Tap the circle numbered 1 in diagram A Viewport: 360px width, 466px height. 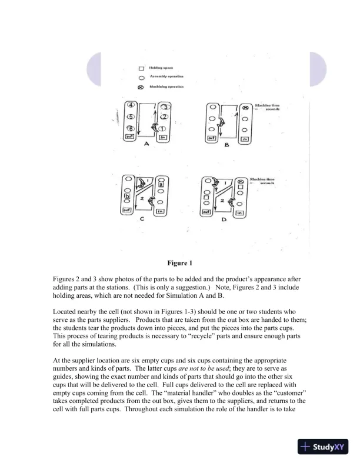click(165, 128)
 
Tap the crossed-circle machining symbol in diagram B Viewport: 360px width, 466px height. click(245, 108)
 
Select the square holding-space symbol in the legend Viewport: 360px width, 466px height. click(141, 68)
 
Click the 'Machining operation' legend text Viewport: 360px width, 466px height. click(166, 87)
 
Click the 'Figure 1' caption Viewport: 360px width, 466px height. click(180, 262)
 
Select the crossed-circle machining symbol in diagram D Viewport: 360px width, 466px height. click(241, 181)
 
